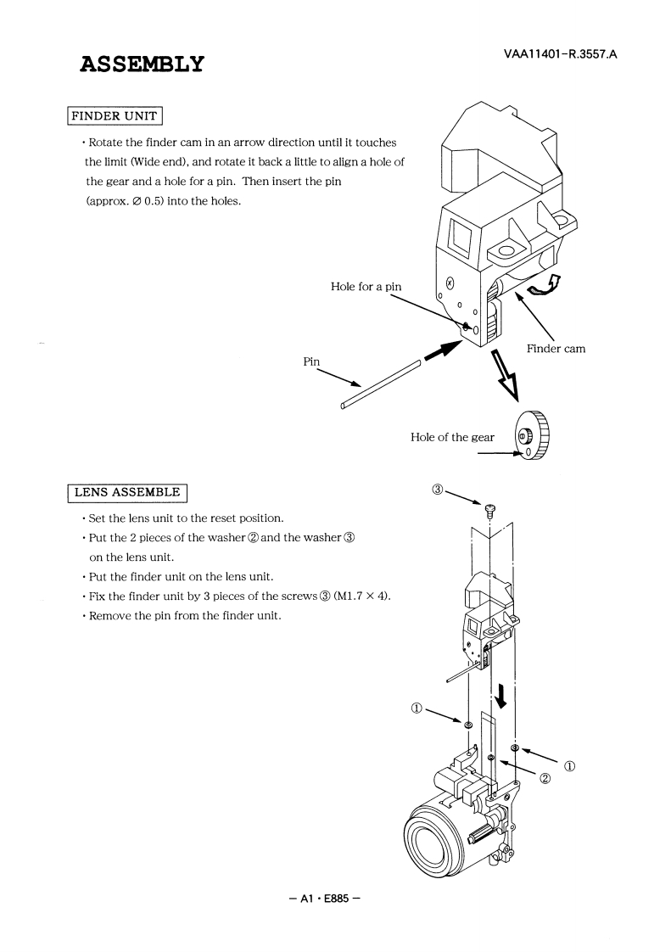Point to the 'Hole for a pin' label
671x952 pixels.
[366, 287]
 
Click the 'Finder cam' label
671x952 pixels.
[556, 349]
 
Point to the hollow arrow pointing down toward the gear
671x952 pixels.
[491, 374]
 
